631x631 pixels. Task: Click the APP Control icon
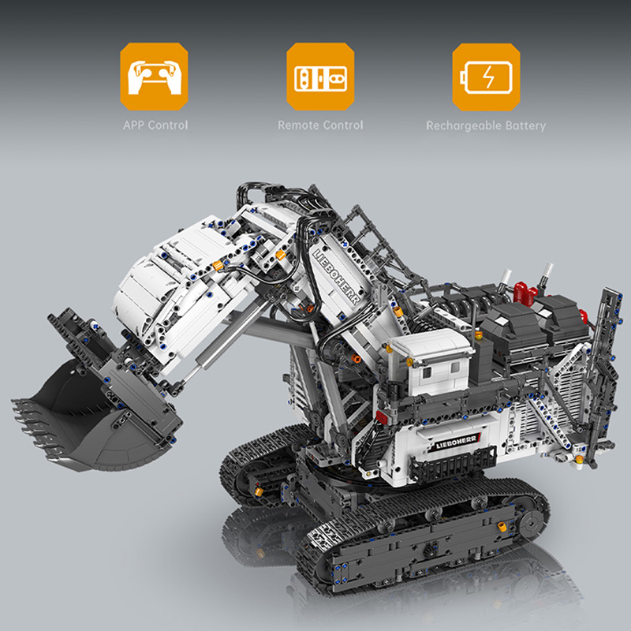(155, 77)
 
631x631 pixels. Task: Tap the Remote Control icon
(320, 77)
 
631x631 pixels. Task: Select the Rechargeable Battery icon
(486, 77)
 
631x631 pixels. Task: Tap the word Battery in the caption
(525, 125)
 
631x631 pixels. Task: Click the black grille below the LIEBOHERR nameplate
(446, 470)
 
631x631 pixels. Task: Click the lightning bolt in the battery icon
(488, 77)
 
